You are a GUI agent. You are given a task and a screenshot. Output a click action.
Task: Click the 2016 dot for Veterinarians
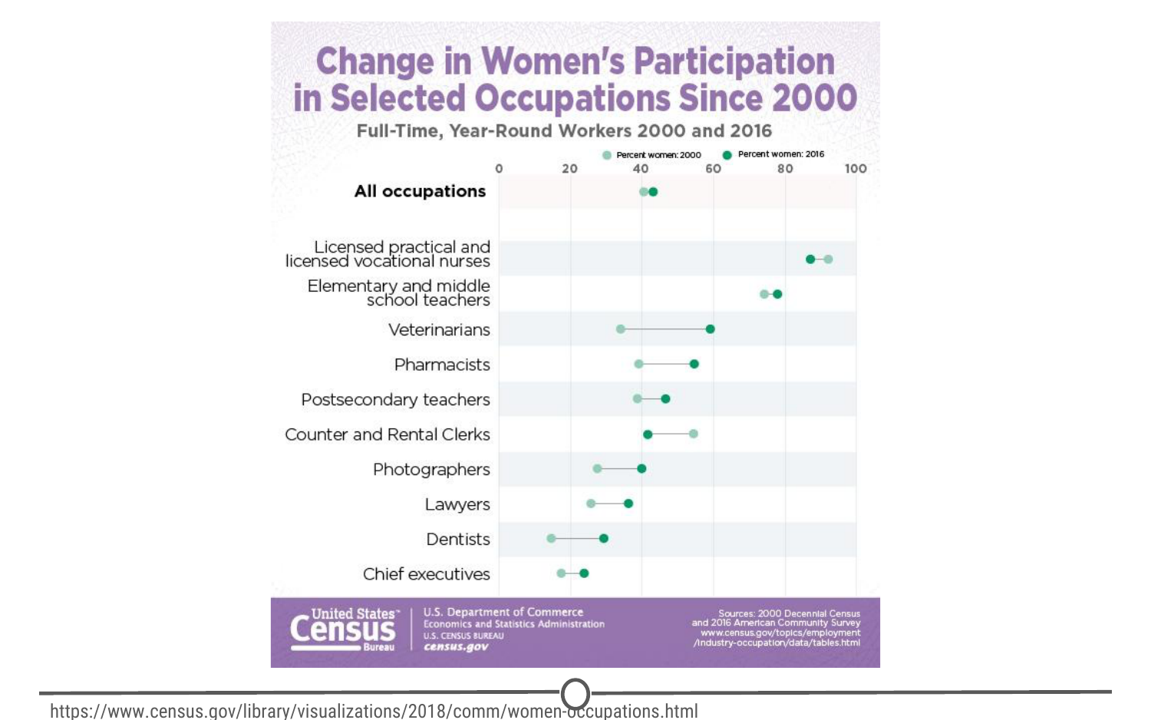point(710,329)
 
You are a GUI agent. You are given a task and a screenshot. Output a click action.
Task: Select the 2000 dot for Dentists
point(551,539)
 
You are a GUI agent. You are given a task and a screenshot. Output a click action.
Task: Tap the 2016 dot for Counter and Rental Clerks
point(648,434)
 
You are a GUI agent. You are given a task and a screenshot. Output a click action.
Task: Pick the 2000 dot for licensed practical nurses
point(828,259)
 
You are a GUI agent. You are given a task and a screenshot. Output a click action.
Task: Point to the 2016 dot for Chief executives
point(584,573)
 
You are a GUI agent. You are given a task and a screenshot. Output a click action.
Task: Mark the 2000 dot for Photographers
point(597,469)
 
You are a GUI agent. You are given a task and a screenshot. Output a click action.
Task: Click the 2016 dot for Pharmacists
point(694,364)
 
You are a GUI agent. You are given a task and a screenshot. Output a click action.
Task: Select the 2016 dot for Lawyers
point(628,504)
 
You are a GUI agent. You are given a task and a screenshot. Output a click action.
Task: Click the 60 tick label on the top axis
point(713,169)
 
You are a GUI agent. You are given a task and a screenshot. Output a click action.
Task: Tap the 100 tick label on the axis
point(856,169)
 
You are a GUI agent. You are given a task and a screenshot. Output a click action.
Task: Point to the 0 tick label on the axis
point(499,169)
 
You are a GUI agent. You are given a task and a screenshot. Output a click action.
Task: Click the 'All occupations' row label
point(420,191)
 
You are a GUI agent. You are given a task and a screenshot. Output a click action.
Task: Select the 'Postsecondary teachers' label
point(395,400)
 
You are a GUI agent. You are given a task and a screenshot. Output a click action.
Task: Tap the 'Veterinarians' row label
point(439,330)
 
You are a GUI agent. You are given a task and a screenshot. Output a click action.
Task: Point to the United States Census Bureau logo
point(343,630)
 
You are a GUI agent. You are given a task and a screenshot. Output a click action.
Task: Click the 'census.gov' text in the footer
point(456,647)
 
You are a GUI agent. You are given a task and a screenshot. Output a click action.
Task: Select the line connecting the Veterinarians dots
point(665,329)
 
